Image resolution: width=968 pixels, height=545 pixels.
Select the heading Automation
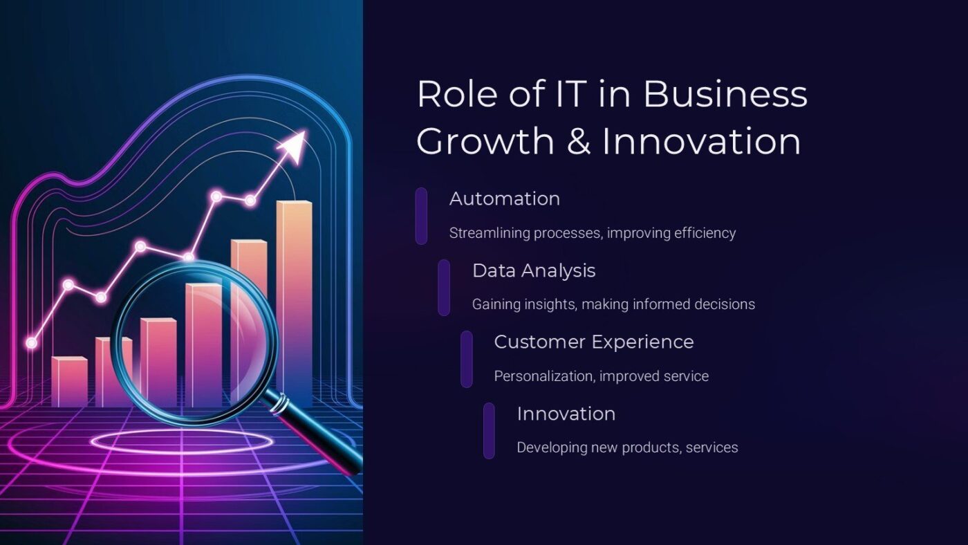click(x=505, y=198)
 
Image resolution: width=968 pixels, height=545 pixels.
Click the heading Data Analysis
click(x=534, y=270)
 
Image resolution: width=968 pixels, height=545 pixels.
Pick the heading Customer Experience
click(x=594, y=342)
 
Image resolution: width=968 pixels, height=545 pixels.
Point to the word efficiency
click(x=703, y=233)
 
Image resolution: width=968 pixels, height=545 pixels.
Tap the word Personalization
click(x=543, y=376)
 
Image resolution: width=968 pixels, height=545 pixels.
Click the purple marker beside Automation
click(x=421, y=216)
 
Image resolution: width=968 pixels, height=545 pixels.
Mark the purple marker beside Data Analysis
click(x=444, y=288)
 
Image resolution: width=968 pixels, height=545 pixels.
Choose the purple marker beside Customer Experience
click(x=467, y=359)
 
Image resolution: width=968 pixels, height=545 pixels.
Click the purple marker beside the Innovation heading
click(x=489, y=430)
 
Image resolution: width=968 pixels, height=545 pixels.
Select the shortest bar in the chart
click(x=69, y=382)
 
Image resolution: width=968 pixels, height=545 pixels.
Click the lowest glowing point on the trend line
click(x=31, y=342)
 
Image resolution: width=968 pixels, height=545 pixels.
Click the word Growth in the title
click(x=485, y=141)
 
